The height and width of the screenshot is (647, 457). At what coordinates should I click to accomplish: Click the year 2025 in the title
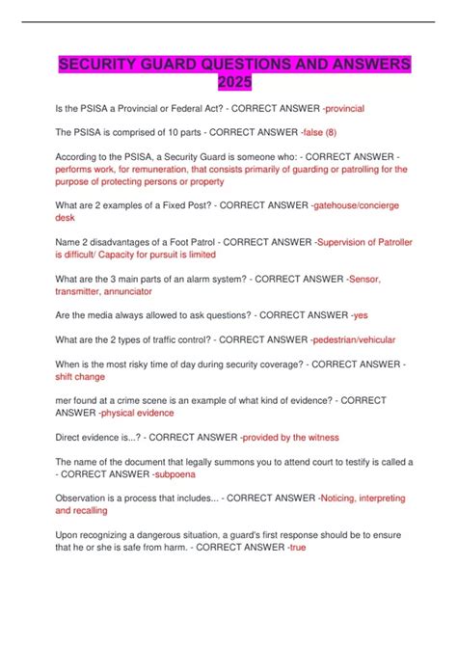[x=228, y=83]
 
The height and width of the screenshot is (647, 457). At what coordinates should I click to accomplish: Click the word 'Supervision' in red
[x=351, y=242]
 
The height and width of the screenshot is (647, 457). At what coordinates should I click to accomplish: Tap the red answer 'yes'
[x=360, y=314]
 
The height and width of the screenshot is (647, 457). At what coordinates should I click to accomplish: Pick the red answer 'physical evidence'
[x=138, y=412]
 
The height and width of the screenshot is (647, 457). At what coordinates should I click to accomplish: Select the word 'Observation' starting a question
[x=62, y=498]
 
